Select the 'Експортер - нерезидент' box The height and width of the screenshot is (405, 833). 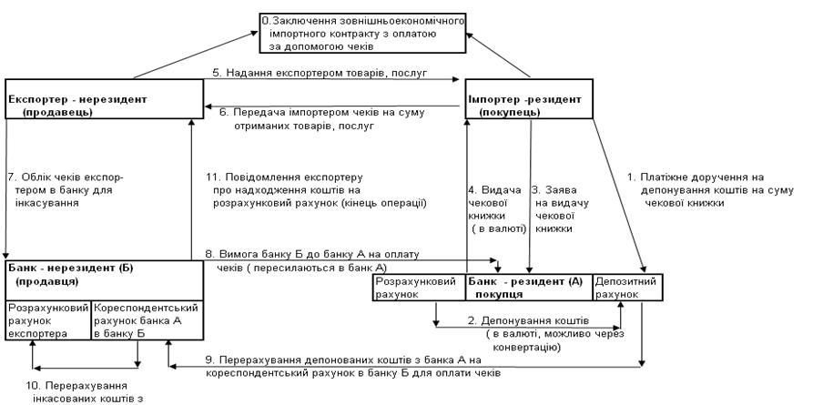[x=103, y=98]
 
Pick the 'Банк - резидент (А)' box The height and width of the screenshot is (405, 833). [x=528, y=287]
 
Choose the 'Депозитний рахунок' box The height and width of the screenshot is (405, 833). [x=628, y=287]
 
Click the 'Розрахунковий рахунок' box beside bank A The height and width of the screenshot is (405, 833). [x=419, y=287]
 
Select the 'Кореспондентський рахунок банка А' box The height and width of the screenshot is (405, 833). [x=145, y=320]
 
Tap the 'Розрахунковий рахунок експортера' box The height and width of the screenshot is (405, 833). [x=48, y=320]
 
